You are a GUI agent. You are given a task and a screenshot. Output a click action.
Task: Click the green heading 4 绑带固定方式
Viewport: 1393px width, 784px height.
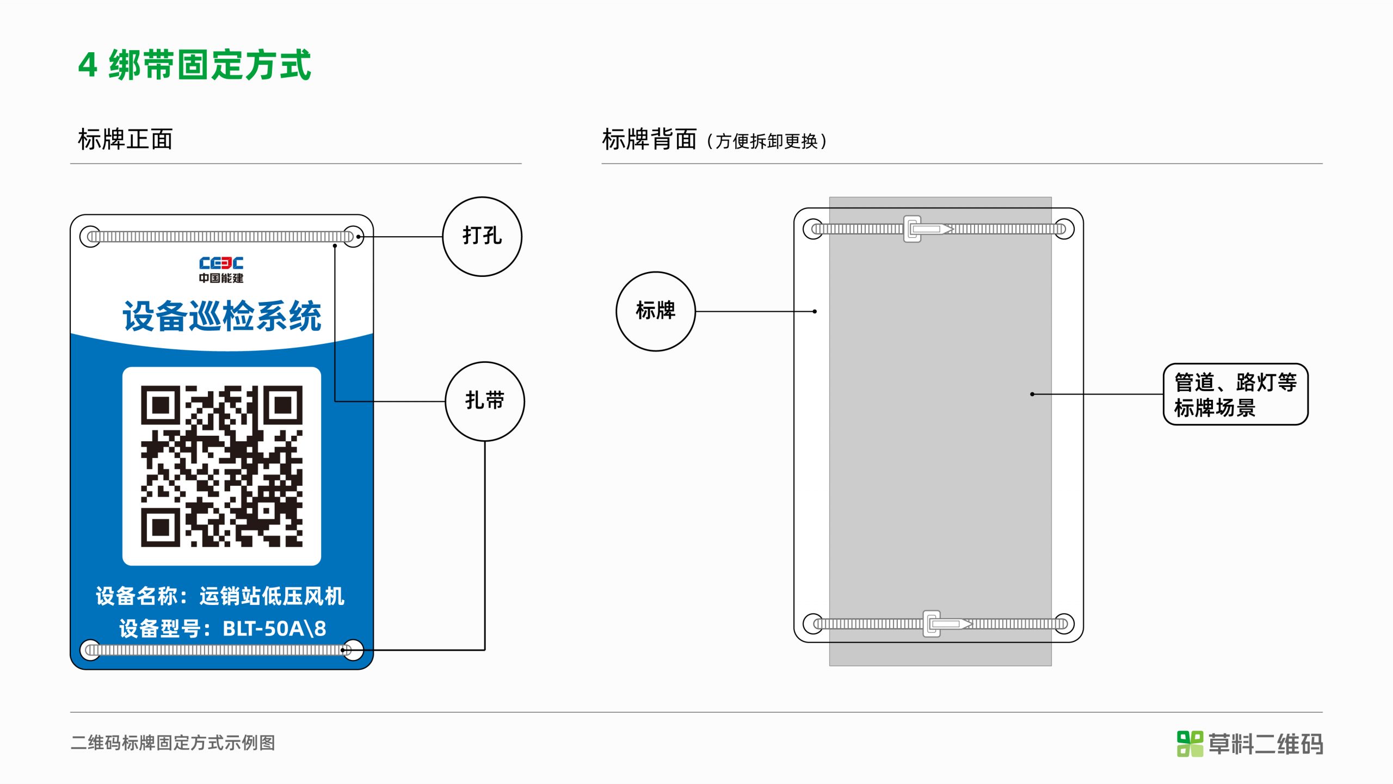coord(194,65)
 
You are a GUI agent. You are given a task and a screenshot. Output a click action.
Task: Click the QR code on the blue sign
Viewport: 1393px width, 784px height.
coord(221,466)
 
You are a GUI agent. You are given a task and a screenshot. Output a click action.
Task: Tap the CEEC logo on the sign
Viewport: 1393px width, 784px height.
coord(221,270)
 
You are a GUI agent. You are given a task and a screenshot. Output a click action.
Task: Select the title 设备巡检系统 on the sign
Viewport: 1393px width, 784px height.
coord(222,316)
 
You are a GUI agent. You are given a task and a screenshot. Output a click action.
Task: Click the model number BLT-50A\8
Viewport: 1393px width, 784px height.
coord(274,628)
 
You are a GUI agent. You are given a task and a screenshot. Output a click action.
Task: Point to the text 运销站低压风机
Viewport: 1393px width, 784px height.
coord(272,596)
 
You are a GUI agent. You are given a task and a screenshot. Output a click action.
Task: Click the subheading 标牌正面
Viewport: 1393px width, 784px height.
coord(125,139)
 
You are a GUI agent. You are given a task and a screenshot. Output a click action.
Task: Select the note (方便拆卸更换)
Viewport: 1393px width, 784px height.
coord(767,141)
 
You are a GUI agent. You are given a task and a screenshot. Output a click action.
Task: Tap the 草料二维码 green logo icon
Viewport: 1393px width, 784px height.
coord(1190,744)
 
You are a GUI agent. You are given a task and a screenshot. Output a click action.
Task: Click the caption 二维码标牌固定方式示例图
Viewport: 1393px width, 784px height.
coord(173,743)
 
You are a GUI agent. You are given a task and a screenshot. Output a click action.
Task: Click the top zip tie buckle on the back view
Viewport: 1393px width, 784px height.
coord(913,229)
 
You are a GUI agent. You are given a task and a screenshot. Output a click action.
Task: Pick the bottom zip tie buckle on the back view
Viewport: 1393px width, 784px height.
coord(932,624)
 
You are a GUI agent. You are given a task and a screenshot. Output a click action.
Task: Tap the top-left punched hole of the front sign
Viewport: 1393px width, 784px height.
coord(90,237)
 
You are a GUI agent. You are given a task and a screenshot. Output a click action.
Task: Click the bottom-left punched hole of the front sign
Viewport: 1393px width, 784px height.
coord(90,650)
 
